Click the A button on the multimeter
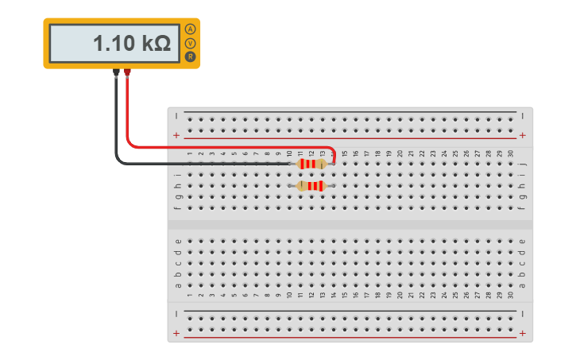click(x=190, y=29)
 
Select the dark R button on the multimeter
click(x=190, y=56)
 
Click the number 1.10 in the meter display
click(x=114, y=44)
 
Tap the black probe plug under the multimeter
click(x=117, y=73)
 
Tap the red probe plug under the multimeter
click(x=127, y=73)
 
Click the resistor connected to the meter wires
click(x=311, y=164)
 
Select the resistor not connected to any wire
click(x=311, y=186)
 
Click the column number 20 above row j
click(x=400, y=153)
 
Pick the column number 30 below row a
click(x=510, y=296)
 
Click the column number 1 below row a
click(x=190, y=296)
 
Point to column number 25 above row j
click(x=455, y=153)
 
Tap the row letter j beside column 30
click(x=522, y=164)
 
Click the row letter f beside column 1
click(x=178, y=208)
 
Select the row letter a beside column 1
click(x=178, y=286)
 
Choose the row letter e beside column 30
click(x=522, y=242)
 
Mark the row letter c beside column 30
click(x=522, y=264)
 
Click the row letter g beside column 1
click(x=178, y=197)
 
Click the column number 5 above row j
click(x=234, y=153)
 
